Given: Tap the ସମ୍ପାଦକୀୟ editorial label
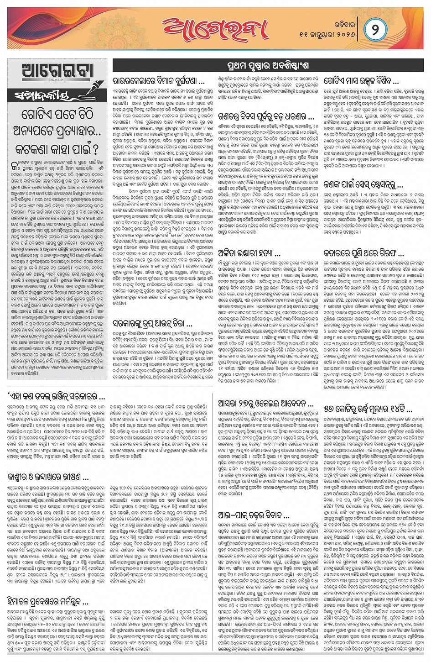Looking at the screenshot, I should tap(42, 96).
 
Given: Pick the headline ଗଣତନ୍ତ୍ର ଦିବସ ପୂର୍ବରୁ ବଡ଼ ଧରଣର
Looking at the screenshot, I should tap(266, 116).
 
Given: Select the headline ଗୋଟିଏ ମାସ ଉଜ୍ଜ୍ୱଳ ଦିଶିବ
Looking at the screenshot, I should tap(361, 81).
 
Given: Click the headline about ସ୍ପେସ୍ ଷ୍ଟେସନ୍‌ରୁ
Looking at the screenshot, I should tap(363, 185).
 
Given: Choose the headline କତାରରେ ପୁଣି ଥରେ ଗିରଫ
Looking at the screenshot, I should tap(363, 253).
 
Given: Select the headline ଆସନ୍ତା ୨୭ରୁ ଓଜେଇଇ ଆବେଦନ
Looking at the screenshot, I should tap(265, 404).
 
